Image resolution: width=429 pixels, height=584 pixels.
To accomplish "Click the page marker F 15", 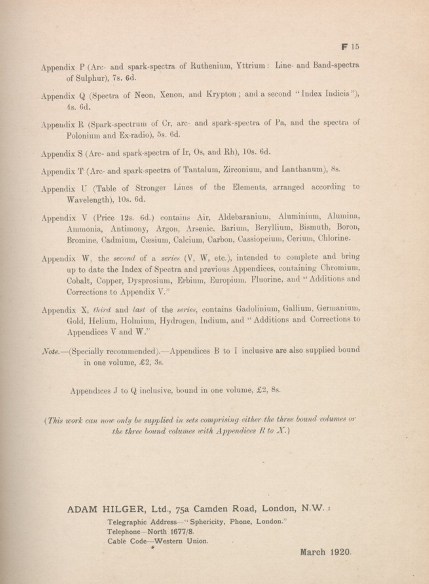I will click(350, 47).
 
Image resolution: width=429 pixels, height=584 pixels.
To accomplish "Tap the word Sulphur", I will click(87, 79).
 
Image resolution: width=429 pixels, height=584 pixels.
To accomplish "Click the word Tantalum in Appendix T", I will click(200, 170).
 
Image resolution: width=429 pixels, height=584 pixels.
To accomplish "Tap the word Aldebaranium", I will click(244, 217).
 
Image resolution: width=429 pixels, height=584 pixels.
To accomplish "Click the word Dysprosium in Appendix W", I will click(149, 281).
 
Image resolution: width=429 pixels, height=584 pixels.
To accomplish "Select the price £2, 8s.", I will click(269, 390).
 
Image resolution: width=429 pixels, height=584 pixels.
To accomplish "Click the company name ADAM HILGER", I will click(105, 509).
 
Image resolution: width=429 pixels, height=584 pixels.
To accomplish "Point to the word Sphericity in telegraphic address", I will click(208, 522).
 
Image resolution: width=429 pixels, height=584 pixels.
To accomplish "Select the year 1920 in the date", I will click(341, 552).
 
